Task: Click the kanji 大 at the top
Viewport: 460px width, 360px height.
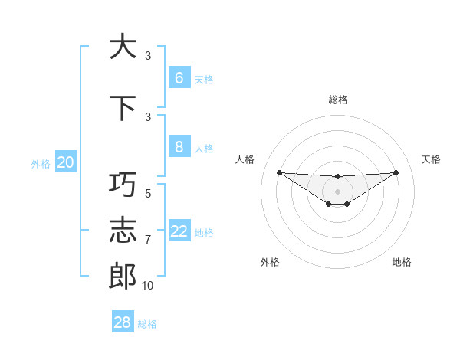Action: [122, 47]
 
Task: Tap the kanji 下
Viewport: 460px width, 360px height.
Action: [122, 108]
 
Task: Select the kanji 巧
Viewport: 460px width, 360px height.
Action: [122, 185]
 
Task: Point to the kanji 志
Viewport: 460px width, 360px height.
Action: [122, 231]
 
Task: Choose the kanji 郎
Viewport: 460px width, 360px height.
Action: [122, 277]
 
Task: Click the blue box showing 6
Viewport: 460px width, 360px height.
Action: [179, 78]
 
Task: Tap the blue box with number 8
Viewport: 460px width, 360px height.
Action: [179, 147]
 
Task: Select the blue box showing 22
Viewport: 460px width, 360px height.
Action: [179, 231]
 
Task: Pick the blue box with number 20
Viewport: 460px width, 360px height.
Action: [65, 162]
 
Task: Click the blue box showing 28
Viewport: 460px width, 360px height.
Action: [122, 322]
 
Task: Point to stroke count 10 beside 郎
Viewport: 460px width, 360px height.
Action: [147, 286]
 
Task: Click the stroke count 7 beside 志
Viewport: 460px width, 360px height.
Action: [148, 240]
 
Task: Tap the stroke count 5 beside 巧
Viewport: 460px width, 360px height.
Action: [148, 194]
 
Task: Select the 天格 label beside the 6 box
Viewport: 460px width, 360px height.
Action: [204, 80]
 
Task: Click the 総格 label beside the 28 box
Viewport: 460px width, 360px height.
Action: [147, 324]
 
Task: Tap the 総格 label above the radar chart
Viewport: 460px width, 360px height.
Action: [337, 100]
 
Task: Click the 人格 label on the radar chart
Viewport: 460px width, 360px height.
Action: [245, 159]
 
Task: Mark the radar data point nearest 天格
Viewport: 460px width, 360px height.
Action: [396, 172]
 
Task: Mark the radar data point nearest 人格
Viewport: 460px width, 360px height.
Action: [279, 172]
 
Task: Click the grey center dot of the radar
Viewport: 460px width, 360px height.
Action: [337, 191]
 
